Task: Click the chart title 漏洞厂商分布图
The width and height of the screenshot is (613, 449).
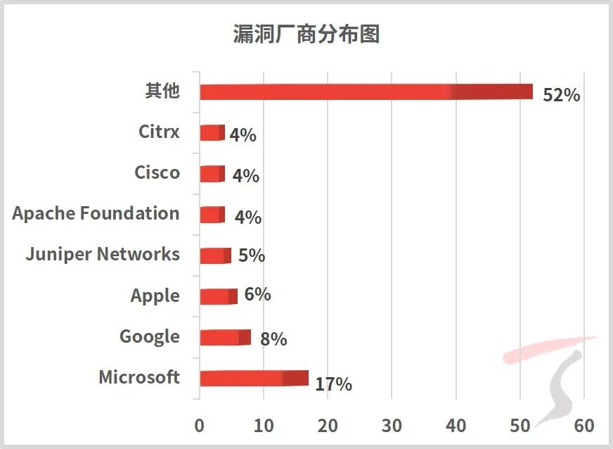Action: (x=306, y=34)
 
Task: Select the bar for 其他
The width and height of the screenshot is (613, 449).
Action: (x=366, y=91)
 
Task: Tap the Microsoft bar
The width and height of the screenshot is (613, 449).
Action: (x=254, y=378)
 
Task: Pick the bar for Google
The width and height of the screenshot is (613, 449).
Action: (x=225, y=337)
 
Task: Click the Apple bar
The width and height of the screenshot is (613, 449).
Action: (x=219, y=296)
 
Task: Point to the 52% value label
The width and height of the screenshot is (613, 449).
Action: (x=561, y=95)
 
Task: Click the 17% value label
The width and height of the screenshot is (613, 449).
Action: (x=333, y=384)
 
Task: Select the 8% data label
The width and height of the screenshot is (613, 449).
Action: (x=273, y=339)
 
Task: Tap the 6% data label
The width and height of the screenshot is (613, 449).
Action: (x=258, y=294)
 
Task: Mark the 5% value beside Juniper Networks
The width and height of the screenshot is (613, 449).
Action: (x=252, y=255)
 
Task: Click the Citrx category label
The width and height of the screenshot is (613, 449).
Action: (x=159, y=132)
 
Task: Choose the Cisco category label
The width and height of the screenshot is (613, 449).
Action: (x=157, y=172)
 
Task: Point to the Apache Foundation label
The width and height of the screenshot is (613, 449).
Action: (x=96, y=214)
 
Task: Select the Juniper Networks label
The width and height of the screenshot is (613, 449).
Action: (x=103, y=254)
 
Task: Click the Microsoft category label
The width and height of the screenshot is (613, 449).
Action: (x=139, y=377)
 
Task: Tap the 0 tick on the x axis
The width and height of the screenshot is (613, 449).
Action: (x=200, y=426)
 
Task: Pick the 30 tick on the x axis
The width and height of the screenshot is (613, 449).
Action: (x=392, y=426)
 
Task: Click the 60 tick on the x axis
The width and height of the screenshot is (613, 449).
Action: (x=584, y=426)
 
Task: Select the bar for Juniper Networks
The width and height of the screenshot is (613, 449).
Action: (x=215, y=255)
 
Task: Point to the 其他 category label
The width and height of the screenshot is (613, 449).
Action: (x=162, y=91)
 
